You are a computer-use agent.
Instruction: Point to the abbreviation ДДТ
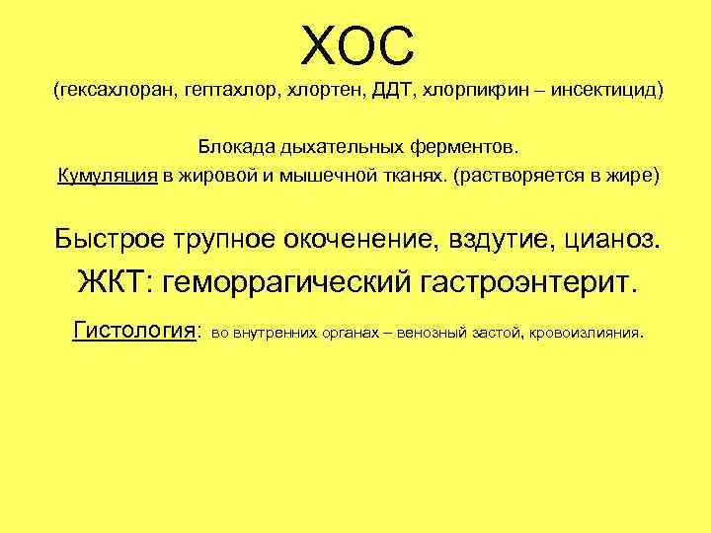point(393,92)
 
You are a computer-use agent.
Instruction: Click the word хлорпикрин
point(468,93)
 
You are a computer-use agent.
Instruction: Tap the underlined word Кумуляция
point(107,177)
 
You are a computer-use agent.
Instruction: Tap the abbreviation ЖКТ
point(111,282)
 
